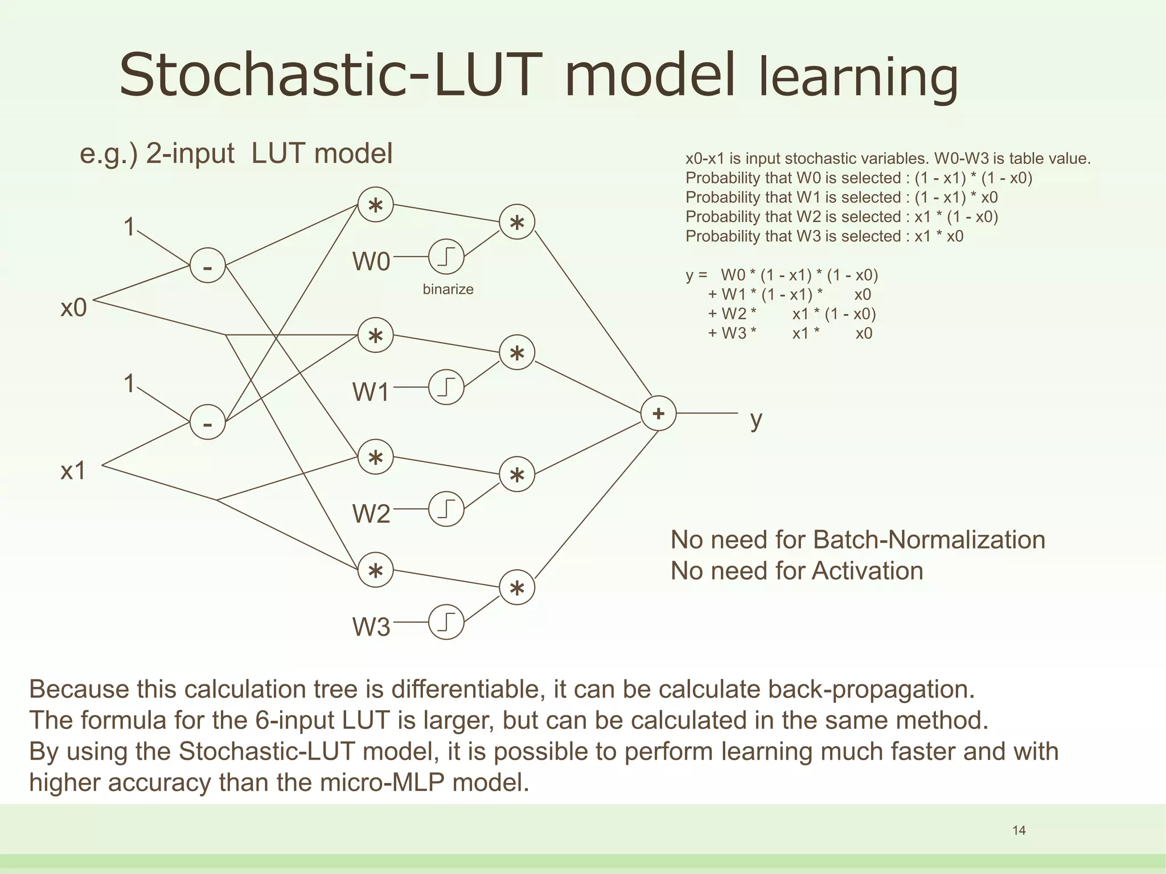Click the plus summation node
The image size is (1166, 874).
[x=658, y=414]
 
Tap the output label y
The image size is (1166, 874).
[x=756, y=420]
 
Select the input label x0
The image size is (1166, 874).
[x=73, y=308]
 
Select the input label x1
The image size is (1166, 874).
[x=73, y=471]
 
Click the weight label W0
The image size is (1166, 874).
[x=371, y=262]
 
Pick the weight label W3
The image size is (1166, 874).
[x=371, y=627]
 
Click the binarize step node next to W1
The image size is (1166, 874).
[x=446, y=387]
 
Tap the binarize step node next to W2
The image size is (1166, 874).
[x=446, y=509]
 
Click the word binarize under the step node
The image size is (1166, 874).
[x=448, y=290]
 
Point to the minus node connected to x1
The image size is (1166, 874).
[x=207, y=422]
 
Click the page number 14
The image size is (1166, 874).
[x=1019, y=831]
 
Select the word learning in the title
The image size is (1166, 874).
[x=858, y=78]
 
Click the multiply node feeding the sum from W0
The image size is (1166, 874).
[x=517, y=222]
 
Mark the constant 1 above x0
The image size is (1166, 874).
[x=130, y=226]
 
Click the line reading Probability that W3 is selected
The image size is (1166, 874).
[x=824, y=236]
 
